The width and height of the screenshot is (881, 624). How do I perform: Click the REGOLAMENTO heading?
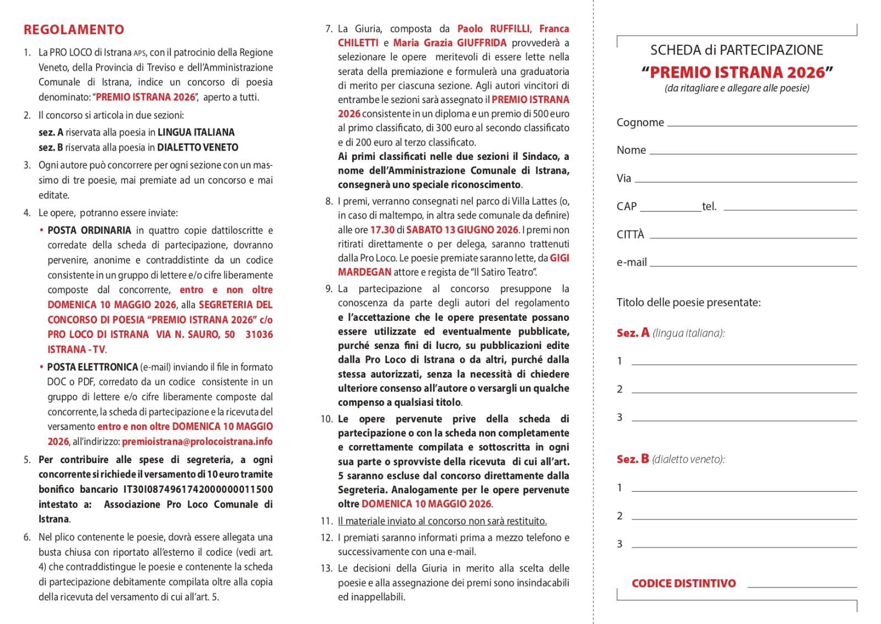click(x=74, y=30)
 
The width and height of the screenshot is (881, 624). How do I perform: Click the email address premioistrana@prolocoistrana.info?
click(x=197, y=442)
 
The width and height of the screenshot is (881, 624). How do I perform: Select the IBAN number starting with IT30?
click(x=198, y=489)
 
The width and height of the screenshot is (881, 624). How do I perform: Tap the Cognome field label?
click(x=640, y=122)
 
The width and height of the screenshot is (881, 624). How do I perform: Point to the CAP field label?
click(x=626, y=206)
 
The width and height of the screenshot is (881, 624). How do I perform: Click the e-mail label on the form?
click(x=631, y=262)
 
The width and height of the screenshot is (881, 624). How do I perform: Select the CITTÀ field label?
click(x=630, y=234)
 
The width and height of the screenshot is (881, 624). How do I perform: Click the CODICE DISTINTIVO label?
click(x=683, y=583)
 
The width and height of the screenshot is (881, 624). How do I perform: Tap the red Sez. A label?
click(x=633, y=332)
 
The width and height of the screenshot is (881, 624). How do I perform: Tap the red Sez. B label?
click(x=633, y=459)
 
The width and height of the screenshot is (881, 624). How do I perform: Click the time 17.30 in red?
click(x=382, y=230)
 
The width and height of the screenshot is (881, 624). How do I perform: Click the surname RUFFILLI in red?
click(x=510, y=29)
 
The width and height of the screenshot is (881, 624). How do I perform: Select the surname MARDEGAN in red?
click(x=364, y=272)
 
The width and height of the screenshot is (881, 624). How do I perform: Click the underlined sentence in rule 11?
click(x=442, y=521)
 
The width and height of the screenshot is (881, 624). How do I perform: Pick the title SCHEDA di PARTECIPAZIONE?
click(x=736, y=50)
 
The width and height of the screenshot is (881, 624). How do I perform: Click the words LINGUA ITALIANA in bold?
click(x=196, y=132)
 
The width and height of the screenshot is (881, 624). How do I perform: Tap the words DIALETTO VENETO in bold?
click(x=197, y=147)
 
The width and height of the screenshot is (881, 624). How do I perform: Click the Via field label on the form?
click(x=624, y=178)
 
